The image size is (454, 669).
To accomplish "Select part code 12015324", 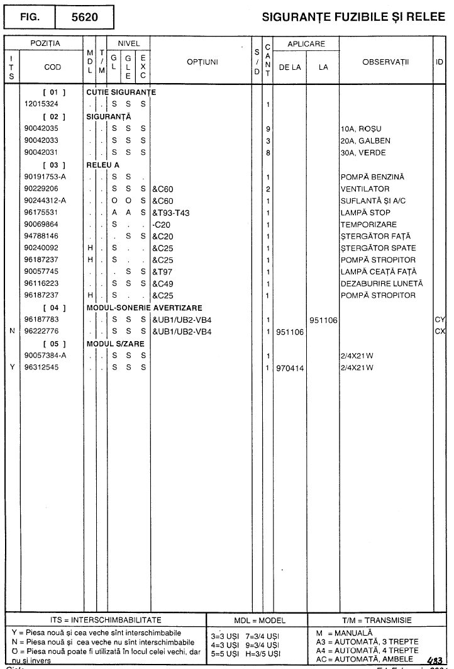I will tap(42, 104).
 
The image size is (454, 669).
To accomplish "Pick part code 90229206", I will tap(42, 188).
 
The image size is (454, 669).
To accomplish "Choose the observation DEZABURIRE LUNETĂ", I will tap(381, 283).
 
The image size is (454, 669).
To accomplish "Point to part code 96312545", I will tap(42, 366).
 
